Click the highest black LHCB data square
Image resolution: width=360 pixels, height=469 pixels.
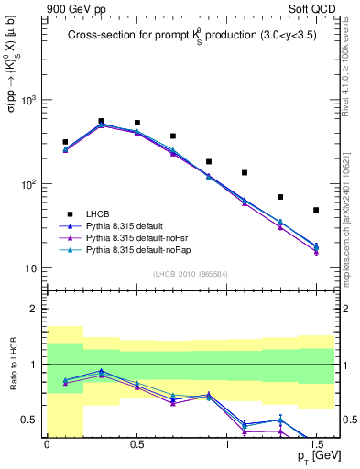coord(101,121)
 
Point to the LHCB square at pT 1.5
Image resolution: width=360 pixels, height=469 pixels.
coord(316,210)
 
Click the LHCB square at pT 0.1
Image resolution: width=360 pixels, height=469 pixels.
coord(65,142)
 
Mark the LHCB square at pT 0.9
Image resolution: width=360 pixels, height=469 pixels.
coord(209,161)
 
